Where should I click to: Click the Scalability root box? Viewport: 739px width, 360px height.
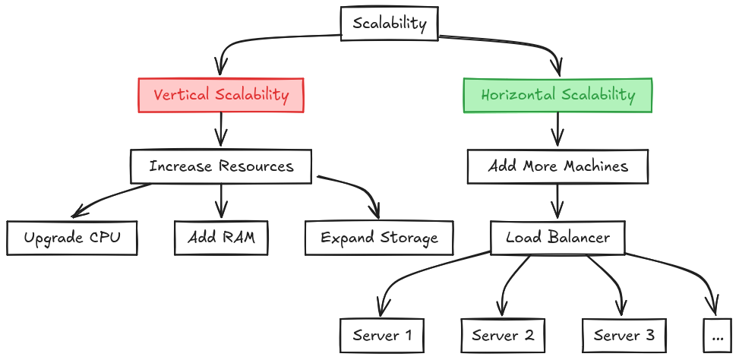[x=390, y=24]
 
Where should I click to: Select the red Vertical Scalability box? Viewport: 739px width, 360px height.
[x=220, y=95]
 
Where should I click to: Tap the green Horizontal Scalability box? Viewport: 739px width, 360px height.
[x=557, y=95]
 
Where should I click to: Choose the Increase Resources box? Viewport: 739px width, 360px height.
[x=220, y=166]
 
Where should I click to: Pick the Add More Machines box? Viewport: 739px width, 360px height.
[x=557, y=166]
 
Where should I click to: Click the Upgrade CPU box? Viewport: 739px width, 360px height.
[x=72, y=238]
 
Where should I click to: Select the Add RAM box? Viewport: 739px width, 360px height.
[x=221, y=238]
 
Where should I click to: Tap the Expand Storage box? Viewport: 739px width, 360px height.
[x=379, y=238]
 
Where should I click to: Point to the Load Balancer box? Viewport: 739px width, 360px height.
[x=557, y=238]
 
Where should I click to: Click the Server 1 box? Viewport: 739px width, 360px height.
[x=382, y=336]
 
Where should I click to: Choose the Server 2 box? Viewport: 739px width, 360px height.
[x=503, y=336]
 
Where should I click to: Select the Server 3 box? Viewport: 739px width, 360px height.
[x=624, y=336]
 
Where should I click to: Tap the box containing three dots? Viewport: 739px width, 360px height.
[x=718, y=336]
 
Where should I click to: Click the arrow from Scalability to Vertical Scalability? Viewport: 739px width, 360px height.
[x=245, y=40]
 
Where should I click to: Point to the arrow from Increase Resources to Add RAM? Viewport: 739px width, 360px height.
[x=220, y=201]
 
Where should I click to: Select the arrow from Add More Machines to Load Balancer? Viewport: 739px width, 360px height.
[x=557, y=201]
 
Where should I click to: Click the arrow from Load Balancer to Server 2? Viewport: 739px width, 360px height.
[x=508, y=283]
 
